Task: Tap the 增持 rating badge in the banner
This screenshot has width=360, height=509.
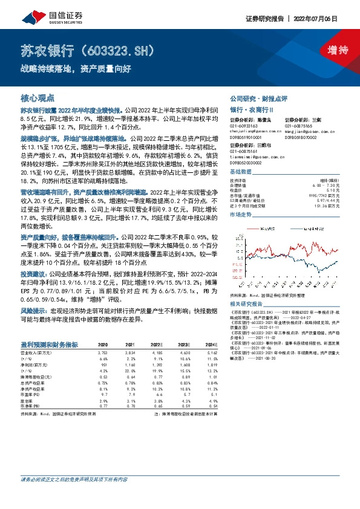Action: (329, 50)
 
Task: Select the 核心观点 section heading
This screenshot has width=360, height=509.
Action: (38, 97)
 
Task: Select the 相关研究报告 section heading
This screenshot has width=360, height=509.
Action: (244, 303)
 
